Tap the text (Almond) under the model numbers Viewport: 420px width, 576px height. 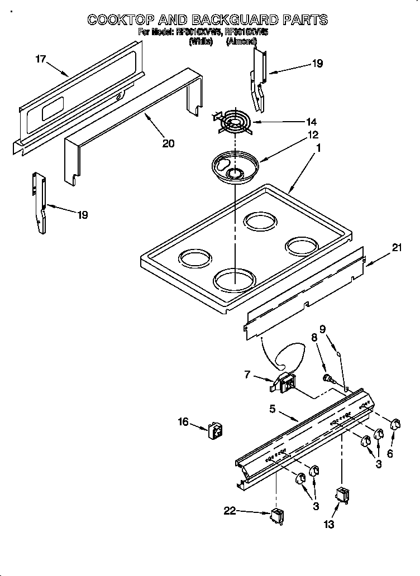tap(241, 41)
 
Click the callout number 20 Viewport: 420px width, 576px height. tap(168, 143)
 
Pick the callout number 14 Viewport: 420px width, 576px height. tap(311, 122)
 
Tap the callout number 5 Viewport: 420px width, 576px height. tap(273, 409)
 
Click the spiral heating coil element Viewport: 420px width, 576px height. tap(233, 122)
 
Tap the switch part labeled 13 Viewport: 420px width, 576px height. tap(341, 496)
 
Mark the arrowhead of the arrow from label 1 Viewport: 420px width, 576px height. tap(290, 192)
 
